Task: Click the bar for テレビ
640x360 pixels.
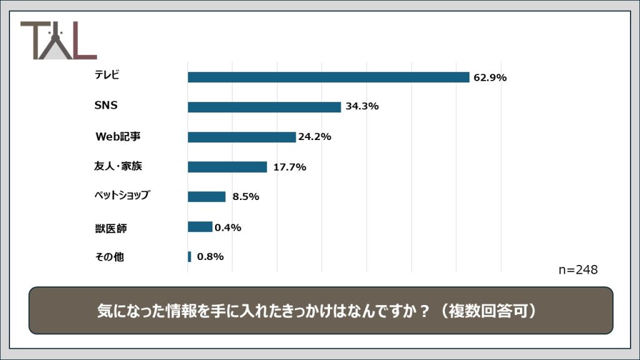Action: (x=328, y=77)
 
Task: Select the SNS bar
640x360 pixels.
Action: (x=264, y=107)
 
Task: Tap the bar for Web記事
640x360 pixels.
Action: (x=241, y=137)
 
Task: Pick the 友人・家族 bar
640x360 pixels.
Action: (x=227, y=167)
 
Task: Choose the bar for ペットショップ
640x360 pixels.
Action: (x=206, y=197)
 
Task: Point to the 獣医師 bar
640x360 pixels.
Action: (x=200, y=227)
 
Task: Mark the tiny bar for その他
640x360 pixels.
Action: (x=189, y=257)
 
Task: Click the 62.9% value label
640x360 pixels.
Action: (x=490, y=77)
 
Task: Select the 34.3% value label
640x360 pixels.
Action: (x=362, y=106)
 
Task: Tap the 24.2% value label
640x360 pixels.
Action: (x=314, y=136)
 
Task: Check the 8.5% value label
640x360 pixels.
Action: (x=246, y=196)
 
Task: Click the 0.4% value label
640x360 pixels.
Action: (x=228, y=227)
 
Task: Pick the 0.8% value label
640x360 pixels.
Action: (x=210, y=257)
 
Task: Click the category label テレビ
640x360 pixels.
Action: (x=107, y=76)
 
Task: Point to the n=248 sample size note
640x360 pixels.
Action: (x=577, y=270)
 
